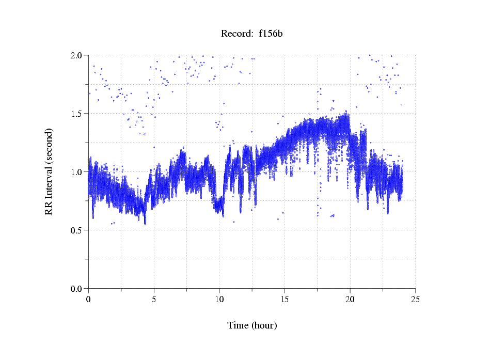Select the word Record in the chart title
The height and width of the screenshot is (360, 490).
click(234, 34)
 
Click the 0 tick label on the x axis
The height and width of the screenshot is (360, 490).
click(89, 299)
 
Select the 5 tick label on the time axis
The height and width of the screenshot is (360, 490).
click(154, 299)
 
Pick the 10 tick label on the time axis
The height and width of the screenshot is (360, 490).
click(219, 299)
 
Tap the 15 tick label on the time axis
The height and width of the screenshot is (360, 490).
click(284, 299)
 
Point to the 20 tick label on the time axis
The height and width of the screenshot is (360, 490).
click(350, 299)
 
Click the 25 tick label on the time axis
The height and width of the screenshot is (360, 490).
click(415, 299)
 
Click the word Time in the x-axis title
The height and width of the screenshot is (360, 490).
click(238, 325)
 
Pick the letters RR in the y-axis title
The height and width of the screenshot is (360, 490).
click(49, 208)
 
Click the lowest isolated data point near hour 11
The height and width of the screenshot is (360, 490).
click(233, 222)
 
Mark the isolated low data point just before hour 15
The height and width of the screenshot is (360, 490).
click(278, 219)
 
